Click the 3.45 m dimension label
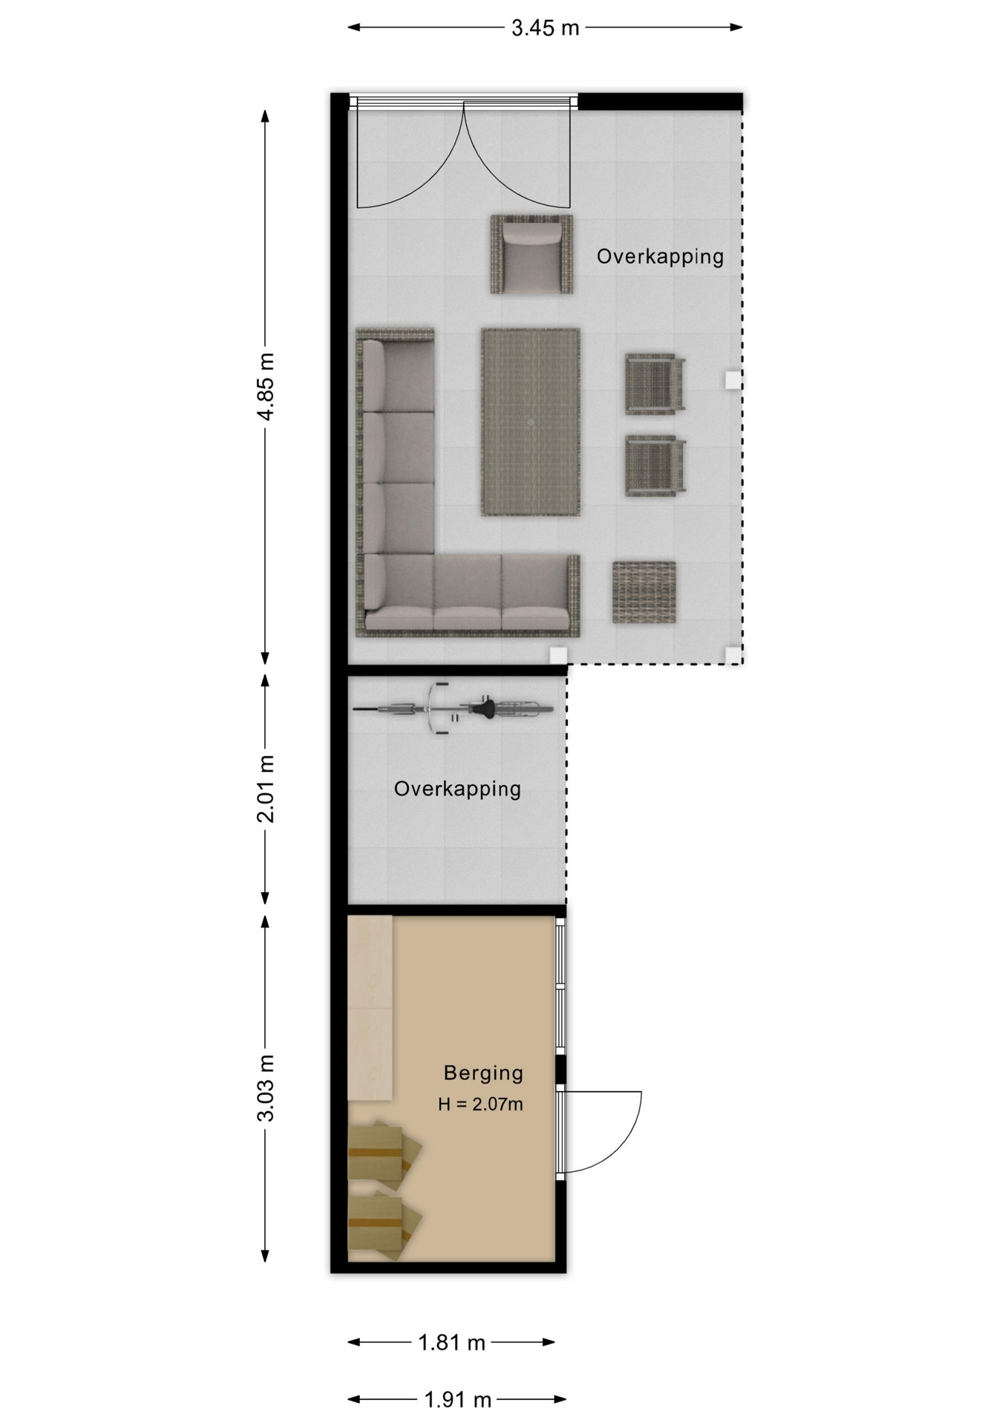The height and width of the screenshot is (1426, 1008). [545, 28]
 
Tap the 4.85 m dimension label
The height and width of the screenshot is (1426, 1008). [266, 387]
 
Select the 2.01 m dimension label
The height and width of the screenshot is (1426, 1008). [266, 789]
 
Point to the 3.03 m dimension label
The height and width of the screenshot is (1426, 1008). [266, 1087]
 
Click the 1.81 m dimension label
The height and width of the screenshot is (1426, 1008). [451, 1342]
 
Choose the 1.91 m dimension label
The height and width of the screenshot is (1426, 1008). [458, 1400]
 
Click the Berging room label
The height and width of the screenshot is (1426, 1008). [483, 1073]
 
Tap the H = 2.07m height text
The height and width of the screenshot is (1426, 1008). [480, 1104]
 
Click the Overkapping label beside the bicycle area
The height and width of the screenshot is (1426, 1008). [457, 789]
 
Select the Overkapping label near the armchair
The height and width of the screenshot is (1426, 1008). [660, 256]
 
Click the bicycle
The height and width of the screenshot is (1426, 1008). [453, 709]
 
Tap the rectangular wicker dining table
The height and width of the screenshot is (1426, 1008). [531, 422]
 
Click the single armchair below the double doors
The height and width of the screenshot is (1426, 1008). [531, 254]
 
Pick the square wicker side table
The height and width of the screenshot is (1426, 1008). [644, 592]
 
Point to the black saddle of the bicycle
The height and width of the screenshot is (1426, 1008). [486, 710]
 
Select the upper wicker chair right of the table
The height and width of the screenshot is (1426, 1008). [655, 383]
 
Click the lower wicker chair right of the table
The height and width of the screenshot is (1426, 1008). [655, 466]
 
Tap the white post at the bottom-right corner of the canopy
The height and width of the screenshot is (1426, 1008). [733, 655]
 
